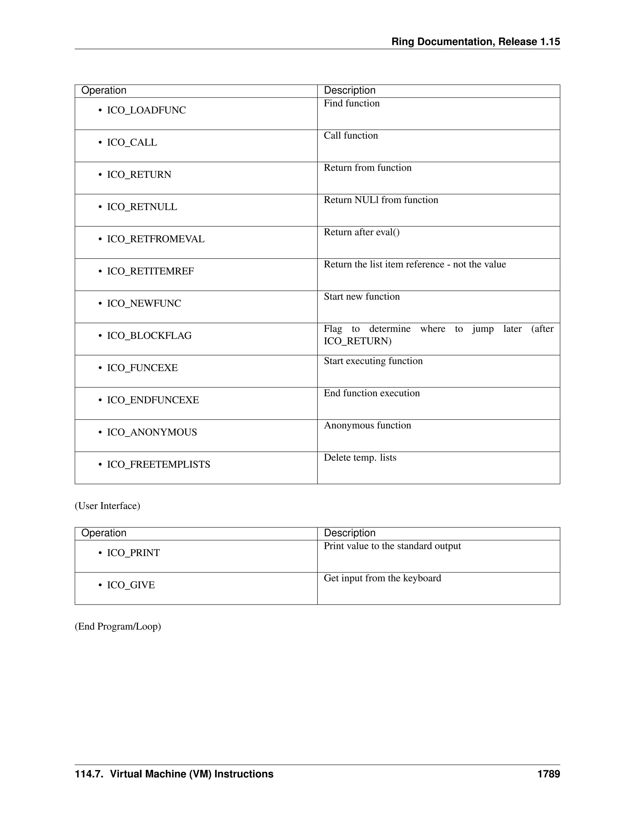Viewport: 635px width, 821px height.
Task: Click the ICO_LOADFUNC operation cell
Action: click(146, 110)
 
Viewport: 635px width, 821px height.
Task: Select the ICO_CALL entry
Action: click(132, 143)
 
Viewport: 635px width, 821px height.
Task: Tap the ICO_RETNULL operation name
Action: click(142, 207)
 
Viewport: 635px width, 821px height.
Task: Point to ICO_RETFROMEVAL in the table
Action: click(156, 239)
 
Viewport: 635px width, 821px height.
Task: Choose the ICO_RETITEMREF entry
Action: click(150, 271)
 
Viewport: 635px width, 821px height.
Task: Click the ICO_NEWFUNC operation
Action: click(144, 303)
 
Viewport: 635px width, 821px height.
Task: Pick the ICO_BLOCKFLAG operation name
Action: click(149, 336)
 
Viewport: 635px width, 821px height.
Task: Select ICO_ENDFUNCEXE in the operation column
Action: click(153, 400)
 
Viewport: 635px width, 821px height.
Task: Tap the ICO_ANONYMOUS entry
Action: click(152, 432)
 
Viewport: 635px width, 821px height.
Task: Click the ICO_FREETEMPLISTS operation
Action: click(158, 465)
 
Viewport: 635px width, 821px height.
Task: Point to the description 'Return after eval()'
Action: click(362, 232)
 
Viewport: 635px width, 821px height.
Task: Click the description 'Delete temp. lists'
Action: click(360, 458)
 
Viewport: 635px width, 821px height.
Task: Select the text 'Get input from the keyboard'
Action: click(382, 578)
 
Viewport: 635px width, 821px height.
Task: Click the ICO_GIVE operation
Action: click(131, 585)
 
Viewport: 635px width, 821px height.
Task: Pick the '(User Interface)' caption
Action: click(107, 506)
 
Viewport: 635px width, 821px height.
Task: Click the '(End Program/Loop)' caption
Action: click(118, 627)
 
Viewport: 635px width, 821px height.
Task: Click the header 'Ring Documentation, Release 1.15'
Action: click(476, 42)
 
